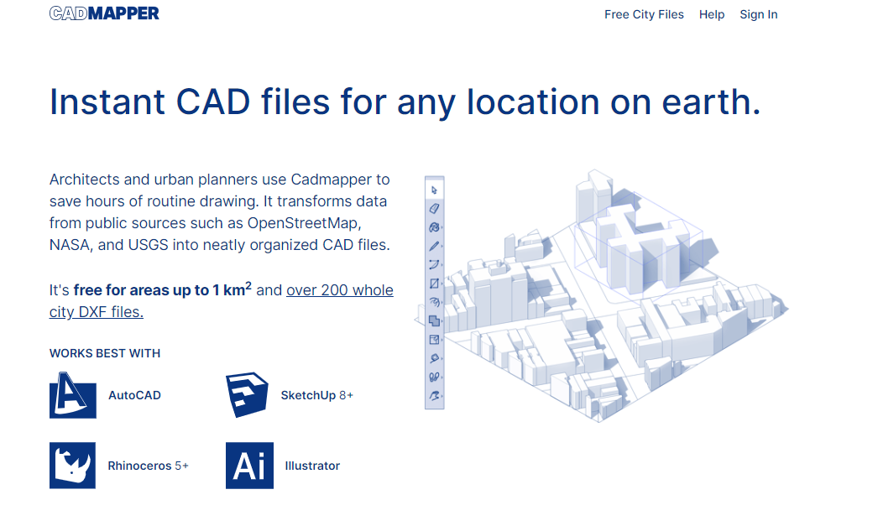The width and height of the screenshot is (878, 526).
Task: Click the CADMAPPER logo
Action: click(x=104, y=13)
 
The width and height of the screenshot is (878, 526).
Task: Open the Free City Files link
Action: click(x=644, y=14)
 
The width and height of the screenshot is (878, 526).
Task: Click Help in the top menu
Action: click(x=712, y=14)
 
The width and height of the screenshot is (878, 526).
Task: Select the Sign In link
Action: click(x=759, y=14)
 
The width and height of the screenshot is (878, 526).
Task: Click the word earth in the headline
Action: click(x=711, y=102)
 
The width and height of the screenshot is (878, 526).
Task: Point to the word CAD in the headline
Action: click(x=212, y=102)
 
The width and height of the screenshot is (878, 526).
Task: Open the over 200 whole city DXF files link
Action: click(x=222, y=301)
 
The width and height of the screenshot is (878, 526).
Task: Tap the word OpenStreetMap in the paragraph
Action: click(x=304, y=223)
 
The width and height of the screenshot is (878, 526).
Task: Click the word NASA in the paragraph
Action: click(x=70, y=245)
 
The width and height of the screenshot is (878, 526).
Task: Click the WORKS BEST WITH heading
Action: click(x=105, y=354)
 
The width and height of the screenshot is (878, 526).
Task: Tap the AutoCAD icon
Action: click(x=73, y=395)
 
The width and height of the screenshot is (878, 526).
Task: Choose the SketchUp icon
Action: click(x=247, y=394)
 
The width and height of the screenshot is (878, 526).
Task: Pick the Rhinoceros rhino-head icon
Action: click(x=72, y=466)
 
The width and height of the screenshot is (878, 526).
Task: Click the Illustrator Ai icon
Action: click(x=250, y=466)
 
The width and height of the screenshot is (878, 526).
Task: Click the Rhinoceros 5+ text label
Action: click(x=148, y=466)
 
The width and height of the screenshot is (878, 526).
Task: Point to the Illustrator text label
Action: click(x=312, y=466)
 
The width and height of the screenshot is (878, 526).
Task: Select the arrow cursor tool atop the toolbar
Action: click(x=435, y=190)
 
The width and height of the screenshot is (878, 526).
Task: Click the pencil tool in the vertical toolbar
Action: click(x=435, y=246)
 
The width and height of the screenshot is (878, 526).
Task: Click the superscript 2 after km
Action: click(x=248, y=285)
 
